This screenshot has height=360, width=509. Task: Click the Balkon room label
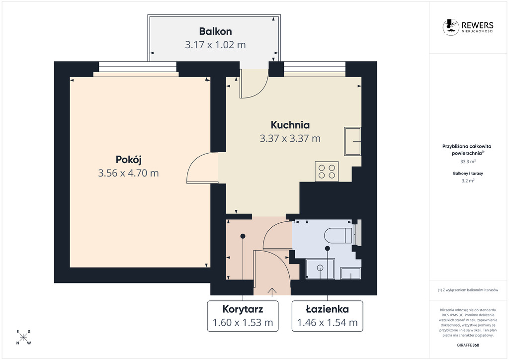point(215,31)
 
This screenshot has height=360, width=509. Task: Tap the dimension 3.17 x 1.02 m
point(215,45)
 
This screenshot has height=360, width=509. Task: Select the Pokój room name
point(129,160)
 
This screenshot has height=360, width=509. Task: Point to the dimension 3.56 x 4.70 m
point(129,173)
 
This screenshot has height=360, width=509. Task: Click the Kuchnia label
point(290,125)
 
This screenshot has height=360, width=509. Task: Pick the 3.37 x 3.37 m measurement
point(290,139)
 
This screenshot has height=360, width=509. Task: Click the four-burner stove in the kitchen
point(327,172)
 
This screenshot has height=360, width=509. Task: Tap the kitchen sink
point(352,141)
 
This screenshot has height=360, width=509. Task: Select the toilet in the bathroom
point(338,235)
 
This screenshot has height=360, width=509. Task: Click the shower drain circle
point(320,268)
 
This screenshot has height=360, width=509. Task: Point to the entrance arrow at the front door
point(272,292)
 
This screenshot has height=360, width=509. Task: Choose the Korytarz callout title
point(243,309)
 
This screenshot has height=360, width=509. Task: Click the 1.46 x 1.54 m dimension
point(328,323)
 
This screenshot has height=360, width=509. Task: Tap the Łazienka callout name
point(328,309)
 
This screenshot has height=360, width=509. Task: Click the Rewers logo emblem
point(450,27)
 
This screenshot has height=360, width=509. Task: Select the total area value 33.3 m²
point(468,161)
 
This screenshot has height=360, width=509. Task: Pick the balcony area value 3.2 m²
point(468,181)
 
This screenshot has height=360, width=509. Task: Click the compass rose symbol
point(23,337)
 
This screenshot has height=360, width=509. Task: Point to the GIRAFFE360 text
point(468,345)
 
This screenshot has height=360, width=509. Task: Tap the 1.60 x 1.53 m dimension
point(243,323)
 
